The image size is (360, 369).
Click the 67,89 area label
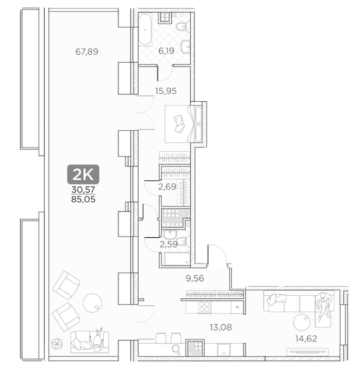click(x=87, y=52)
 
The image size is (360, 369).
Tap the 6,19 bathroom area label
click(x=166, y=51)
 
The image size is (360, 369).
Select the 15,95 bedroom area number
click(x=166, y=91)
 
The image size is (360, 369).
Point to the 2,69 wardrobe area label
click(x=167, y=187)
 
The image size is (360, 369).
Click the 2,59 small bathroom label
click(x=169, y=244)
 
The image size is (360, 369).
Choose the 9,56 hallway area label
click(x=195, y=278)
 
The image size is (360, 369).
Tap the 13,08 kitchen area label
click(x=221, y=327)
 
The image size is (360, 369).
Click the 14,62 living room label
click(x=306, y=338)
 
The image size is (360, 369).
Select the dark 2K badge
click(x=83, y=174)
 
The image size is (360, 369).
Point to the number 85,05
click(x=83, y=200)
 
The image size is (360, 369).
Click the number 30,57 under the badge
click(x=83, y=189)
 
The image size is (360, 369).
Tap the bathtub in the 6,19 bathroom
click(x=145, y=30)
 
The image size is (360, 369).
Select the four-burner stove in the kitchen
click(x=204, y=307)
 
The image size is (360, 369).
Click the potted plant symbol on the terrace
click(x=57, y=344)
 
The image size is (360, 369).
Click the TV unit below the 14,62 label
click(x=307, y=352)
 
